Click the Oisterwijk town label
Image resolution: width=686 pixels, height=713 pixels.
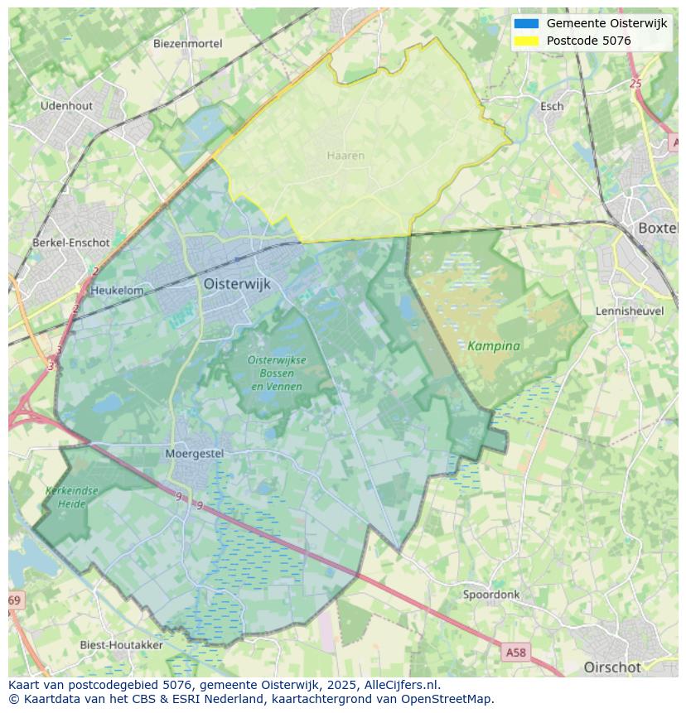[x=237, y=284]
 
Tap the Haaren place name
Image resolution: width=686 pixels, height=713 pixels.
[x=345, y=156]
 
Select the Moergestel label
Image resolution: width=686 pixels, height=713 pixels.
[x=195, y=454]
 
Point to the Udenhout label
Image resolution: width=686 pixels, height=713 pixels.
[x=66, y=106]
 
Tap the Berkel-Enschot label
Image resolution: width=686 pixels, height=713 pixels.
[x=70, y=243]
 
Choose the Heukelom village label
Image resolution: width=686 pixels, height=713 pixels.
[x=117, y=291]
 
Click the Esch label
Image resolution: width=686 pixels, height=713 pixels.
[x=552, y=106]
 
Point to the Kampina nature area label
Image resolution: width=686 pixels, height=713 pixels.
[x=494, y=346]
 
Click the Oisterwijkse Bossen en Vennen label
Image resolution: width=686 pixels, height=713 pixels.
[x=277, y=373]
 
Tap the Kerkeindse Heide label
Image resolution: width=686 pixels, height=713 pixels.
[x=72, y=497]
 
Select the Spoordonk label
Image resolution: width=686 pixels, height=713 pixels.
[x=491, y=595]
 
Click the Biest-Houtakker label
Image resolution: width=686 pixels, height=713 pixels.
[x=121, y=644]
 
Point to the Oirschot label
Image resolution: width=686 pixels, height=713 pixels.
[x=612, y=667]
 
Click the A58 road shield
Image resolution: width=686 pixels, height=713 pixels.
[x=515, y=653]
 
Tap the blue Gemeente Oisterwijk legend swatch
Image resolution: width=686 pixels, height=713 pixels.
[x=526, y=23]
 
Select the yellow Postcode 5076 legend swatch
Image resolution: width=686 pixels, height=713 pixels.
[x=526, y=41]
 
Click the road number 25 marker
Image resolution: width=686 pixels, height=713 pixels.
[x=635, y=84]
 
